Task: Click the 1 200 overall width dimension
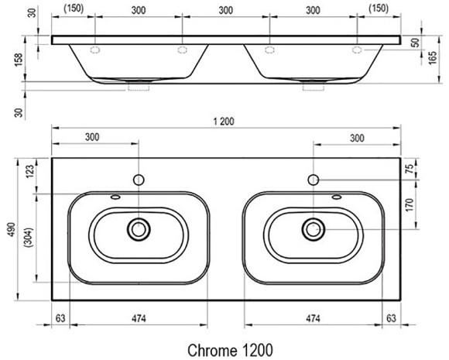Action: (224, 122)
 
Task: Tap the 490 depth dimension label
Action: (12, 229)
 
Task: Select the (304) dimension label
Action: (29, 238)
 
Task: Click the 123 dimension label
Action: (29, 171)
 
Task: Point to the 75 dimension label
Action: (410, 169)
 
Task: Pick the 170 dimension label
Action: (410, 204)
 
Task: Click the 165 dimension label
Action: (433, 57)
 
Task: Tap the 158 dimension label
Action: (19, 60)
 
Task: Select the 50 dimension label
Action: (416, 43)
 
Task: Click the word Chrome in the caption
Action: (212, 350)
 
